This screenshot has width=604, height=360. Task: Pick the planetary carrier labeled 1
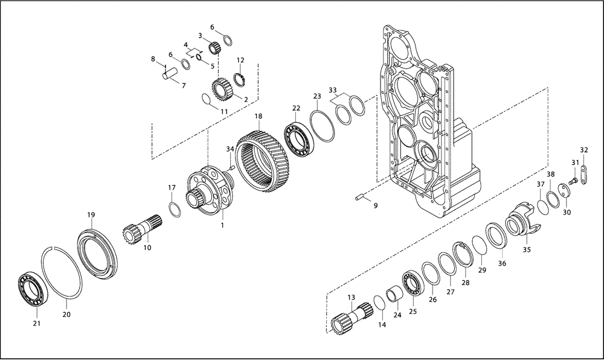(209, 190)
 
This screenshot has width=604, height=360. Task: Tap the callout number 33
(333, 90)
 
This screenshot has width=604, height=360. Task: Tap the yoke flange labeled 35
(521, 224)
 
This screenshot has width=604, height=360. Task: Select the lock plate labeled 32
(584, 182)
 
